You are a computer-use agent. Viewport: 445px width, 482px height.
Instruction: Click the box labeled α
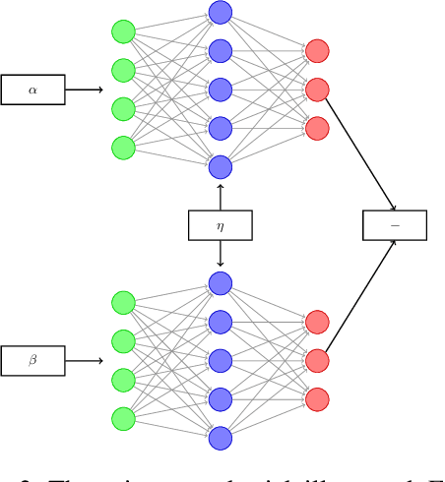(32, 90)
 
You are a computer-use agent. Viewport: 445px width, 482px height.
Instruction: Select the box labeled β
(32, 361)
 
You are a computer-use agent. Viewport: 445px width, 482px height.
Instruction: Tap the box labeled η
(220, 225)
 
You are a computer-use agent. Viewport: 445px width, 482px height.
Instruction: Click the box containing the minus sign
(395, 225)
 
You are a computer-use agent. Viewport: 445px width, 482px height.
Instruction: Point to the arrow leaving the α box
(84, 90)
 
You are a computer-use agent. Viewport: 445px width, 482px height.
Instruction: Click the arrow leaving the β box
(84, 361)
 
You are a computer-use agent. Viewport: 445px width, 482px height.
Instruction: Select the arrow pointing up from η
(220, 195)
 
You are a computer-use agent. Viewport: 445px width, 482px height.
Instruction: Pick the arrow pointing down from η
(220, 255)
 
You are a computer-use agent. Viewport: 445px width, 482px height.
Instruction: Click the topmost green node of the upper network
(123, 31)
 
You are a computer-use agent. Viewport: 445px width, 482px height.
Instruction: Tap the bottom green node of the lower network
(123, 418)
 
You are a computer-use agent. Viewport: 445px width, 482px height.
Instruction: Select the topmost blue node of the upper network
(220, 13)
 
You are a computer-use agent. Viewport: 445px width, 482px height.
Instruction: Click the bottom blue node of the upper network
(220, 166)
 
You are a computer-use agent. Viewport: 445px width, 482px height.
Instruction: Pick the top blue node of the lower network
(220, 283)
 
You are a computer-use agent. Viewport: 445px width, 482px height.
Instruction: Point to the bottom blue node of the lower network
(220, 438)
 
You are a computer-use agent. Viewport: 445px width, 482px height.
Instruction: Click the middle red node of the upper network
(317, 90)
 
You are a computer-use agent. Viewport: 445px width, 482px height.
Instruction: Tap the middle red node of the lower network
(317, 361)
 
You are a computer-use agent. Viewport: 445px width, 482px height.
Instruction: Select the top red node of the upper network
(317, 51)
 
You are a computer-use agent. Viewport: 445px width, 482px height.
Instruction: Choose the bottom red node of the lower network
(317, 399)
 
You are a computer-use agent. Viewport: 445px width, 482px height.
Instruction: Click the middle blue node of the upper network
(220, 90)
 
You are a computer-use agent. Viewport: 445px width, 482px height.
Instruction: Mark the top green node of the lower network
(123, 303)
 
